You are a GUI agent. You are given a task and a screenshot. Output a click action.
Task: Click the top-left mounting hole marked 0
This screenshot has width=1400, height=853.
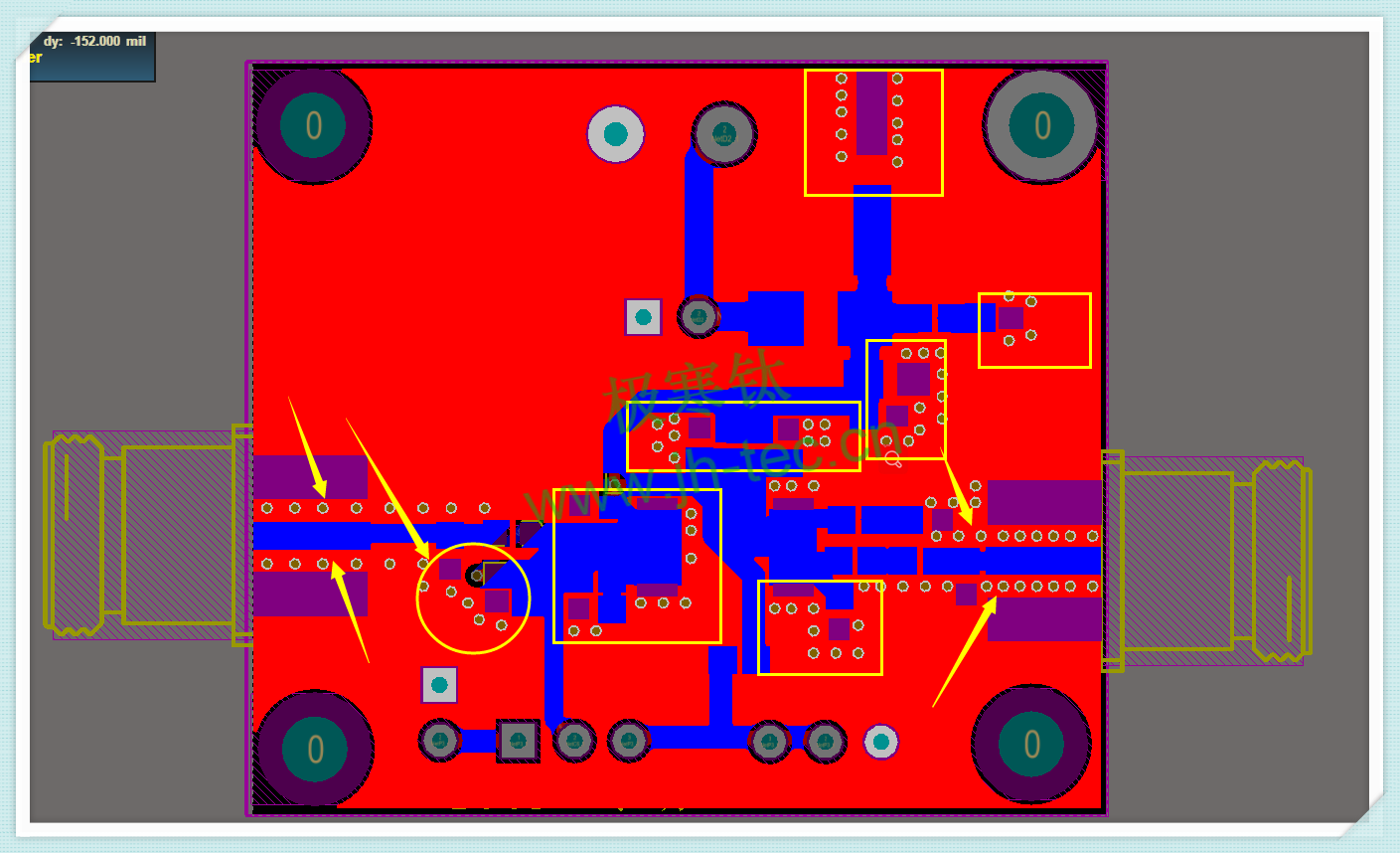pyautogui.click(x=313, y=125)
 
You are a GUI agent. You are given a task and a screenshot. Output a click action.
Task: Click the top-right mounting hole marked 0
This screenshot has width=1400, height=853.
pyautogui.click(x=1041, y=125)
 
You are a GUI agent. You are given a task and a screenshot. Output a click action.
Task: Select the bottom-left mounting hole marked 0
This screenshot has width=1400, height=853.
pyautogui.click(x=315, y=749)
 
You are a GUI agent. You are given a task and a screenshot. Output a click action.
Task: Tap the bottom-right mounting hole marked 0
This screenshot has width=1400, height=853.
pyautogui.click(x=1031, y=744)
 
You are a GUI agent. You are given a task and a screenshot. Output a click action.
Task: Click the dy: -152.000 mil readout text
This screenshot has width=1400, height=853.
pyautogui.click(x=94, y=42)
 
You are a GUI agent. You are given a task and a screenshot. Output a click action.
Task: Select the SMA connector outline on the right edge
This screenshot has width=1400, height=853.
pyautogui.click(x=1207, y=561)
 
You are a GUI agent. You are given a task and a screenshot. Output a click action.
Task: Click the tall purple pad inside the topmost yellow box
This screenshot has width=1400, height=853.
pyautogui.click(x=871, y=112)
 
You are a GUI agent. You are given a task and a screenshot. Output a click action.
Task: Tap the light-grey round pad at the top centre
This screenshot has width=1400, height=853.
pyautogui.click(x=615, y=134)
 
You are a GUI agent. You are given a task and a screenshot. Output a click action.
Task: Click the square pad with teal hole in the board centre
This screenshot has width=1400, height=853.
pyautogui.click(x=643, y=317)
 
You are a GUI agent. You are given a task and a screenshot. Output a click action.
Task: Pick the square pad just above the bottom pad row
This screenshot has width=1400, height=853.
pyautogui.click(x=439, y=685)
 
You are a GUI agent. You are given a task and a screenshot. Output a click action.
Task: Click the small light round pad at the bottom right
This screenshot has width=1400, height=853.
pyautogui.click(x=881, y=742)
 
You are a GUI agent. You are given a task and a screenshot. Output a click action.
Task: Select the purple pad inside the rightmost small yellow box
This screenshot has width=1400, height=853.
pyautogui.click(x=1011, y=318)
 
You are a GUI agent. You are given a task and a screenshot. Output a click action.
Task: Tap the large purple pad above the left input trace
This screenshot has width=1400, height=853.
pyautogui.click(x=310, y=476)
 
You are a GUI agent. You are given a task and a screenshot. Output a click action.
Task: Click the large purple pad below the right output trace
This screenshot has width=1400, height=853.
pyautogui.click(x=1043, y=618)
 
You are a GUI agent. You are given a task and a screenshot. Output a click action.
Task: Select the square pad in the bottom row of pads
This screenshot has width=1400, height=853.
pyautogui.click(x=518, y=741)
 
